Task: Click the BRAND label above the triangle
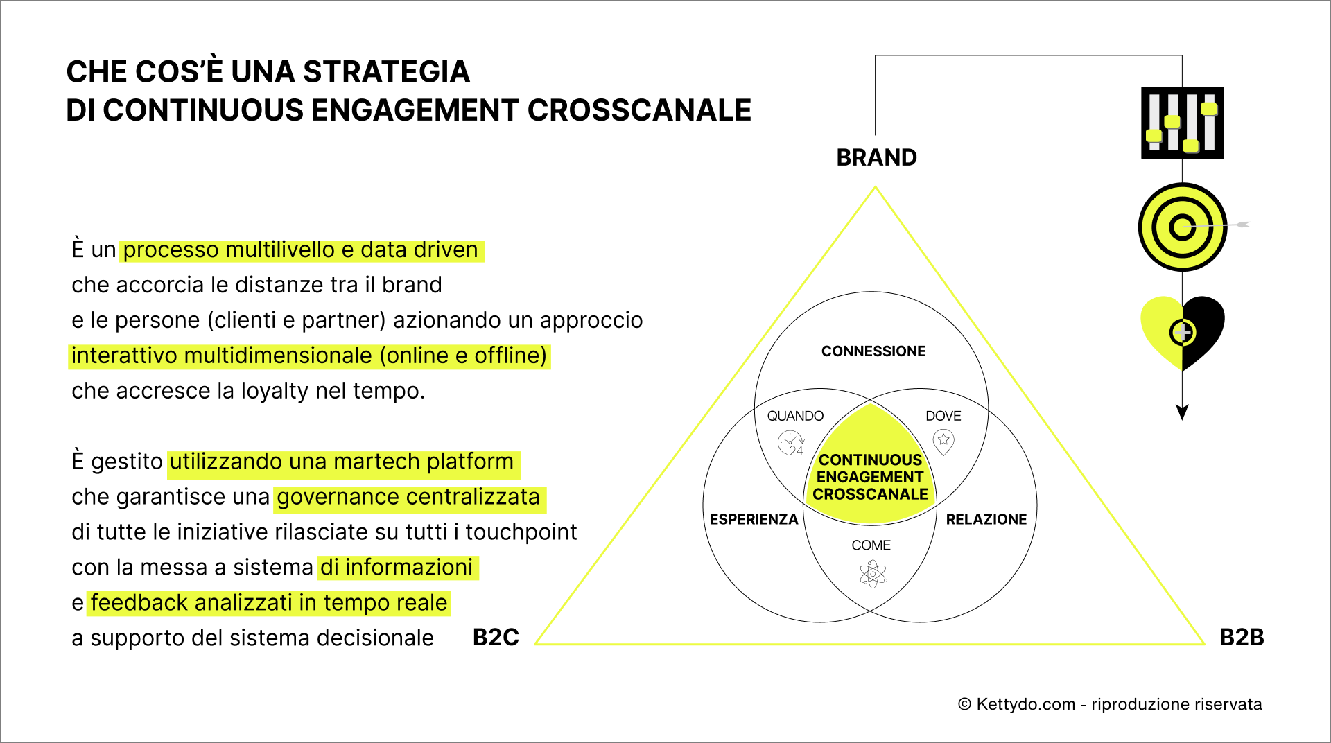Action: (x=876, y=158)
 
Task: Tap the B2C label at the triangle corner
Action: (x=496, y=637)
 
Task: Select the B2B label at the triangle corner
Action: (x=1241, y=637)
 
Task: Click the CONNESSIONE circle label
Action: (x=873, y=351)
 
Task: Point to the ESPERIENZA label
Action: (x=754, y=519)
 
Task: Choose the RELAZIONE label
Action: (x=986, y=519)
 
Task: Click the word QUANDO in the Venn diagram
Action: (x=795, y=416)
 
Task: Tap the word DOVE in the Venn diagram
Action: (x=943, y=416)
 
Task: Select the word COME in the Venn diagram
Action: (x=871, y=545)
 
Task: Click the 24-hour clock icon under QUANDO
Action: (x=791, y=443)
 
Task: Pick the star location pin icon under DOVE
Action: (x=943, y=441)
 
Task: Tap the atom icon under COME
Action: (x=873, y=574)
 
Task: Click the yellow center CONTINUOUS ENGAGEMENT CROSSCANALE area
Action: (x=870, y=477)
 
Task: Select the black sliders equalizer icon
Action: (x=1182, y=123)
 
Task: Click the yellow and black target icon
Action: (x=1182, y=227)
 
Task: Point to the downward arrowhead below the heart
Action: (x=1182, y=412)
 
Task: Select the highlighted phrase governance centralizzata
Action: (x=408, y=498)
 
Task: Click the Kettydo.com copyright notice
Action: (x=1109, y=704)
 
